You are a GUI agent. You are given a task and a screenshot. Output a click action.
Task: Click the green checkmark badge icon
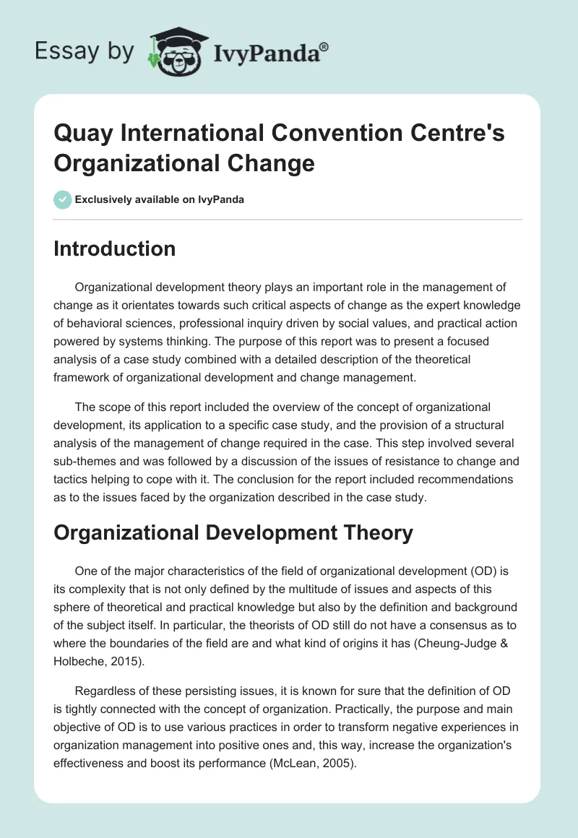(x=62, y=199)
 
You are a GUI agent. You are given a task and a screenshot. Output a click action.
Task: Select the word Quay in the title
(x=80, y=134)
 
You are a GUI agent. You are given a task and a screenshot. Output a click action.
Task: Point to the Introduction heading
(x=115, y=249)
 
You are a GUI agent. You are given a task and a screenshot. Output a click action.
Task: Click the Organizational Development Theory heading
(x=233, y=533)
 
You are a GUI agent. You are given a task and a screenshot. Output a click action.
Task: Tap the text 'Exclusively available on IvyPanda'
(x=159, y=199)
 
